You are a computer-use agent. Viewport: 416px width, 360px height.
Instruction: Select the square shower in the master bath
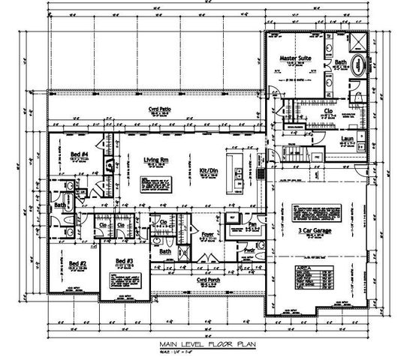coord(357,40)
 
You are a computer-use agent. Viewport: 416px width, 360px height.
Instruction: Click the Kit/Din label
coord(209,171)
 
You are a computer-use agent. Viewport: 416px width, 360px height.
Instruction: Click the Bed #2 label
coord(77,263)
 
